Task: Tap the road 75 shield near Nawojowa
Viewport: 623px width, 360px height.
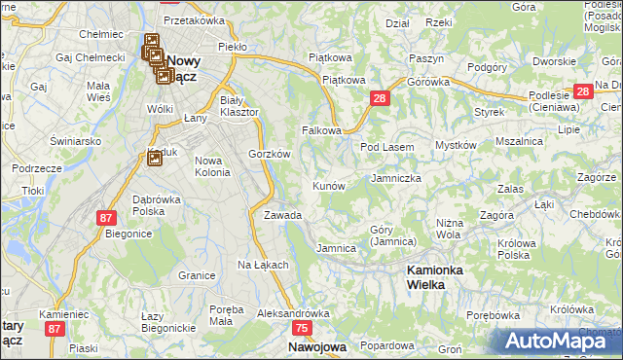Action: point(302,329)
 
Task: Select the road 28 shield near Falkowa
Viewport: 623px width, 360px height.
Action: point(381,98)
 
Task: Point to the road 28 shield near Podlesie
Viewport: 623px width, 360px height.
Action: point(583,91)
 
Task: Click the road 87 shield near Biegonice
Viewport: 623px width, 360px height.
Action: point(106,217)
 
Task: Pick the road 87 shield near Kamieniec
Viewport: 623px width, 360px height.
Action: point(55,329)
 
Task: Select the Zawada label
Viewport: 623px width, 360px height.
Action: point(282,215)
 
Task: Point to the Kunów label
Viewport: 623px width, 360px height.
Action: point(328,185)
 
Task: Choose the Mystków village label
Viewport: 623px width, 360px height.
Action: point(455,145)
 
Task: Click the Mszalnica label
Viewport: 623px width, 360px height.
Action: point(519,141)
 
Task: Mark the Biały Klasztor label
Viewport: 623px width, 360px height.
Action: point(239,106)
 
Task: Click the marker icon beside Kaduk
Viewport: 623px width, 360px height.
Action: point(154,158)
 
